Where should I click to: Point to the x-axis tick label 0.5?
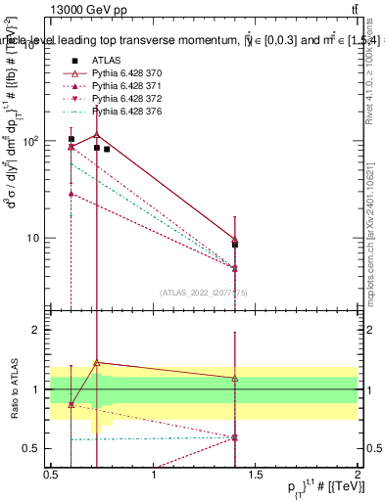click(x=51, y=476)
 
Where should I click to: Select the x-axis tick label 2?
click(x=357, y=476)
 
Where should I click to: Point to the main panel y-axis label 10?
click(x=34, y=238)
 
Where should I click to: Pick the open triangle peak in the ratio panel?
click(x=96, y=362)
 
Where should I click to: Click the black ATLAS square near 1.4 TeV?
click(x=234, y=245)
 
